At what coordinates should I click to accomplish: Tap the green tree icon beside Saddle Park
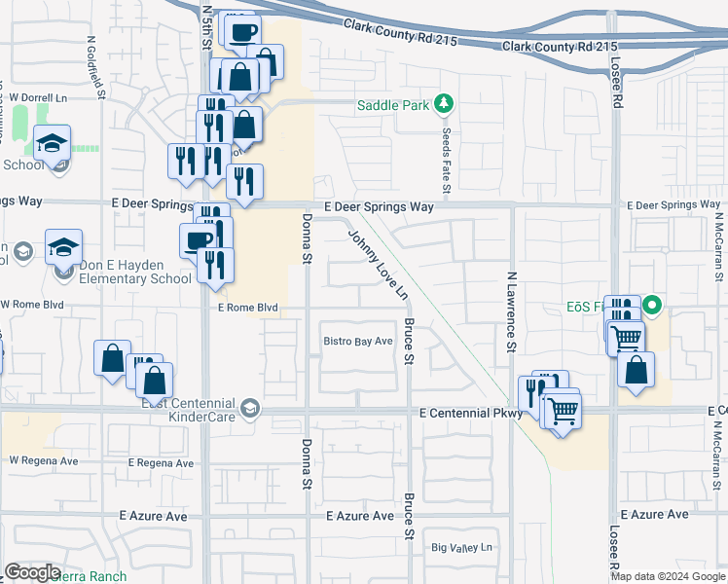[443, 103]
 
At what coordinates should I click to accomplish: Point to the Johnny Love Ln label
[377, 264]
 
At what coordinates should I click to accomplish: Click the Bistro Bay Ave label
[358, 341]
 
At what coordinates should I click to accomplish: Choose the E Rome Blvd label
[248, 308]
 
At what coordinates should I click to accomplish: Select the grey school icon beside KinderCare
[251, 408]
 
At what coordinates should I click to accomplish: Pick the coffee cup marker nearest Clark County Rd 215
[243, 30]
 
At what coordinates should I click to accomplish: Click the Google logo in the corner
[32, 572]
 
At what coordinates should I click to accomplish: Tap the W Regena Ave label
[43, 460]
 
